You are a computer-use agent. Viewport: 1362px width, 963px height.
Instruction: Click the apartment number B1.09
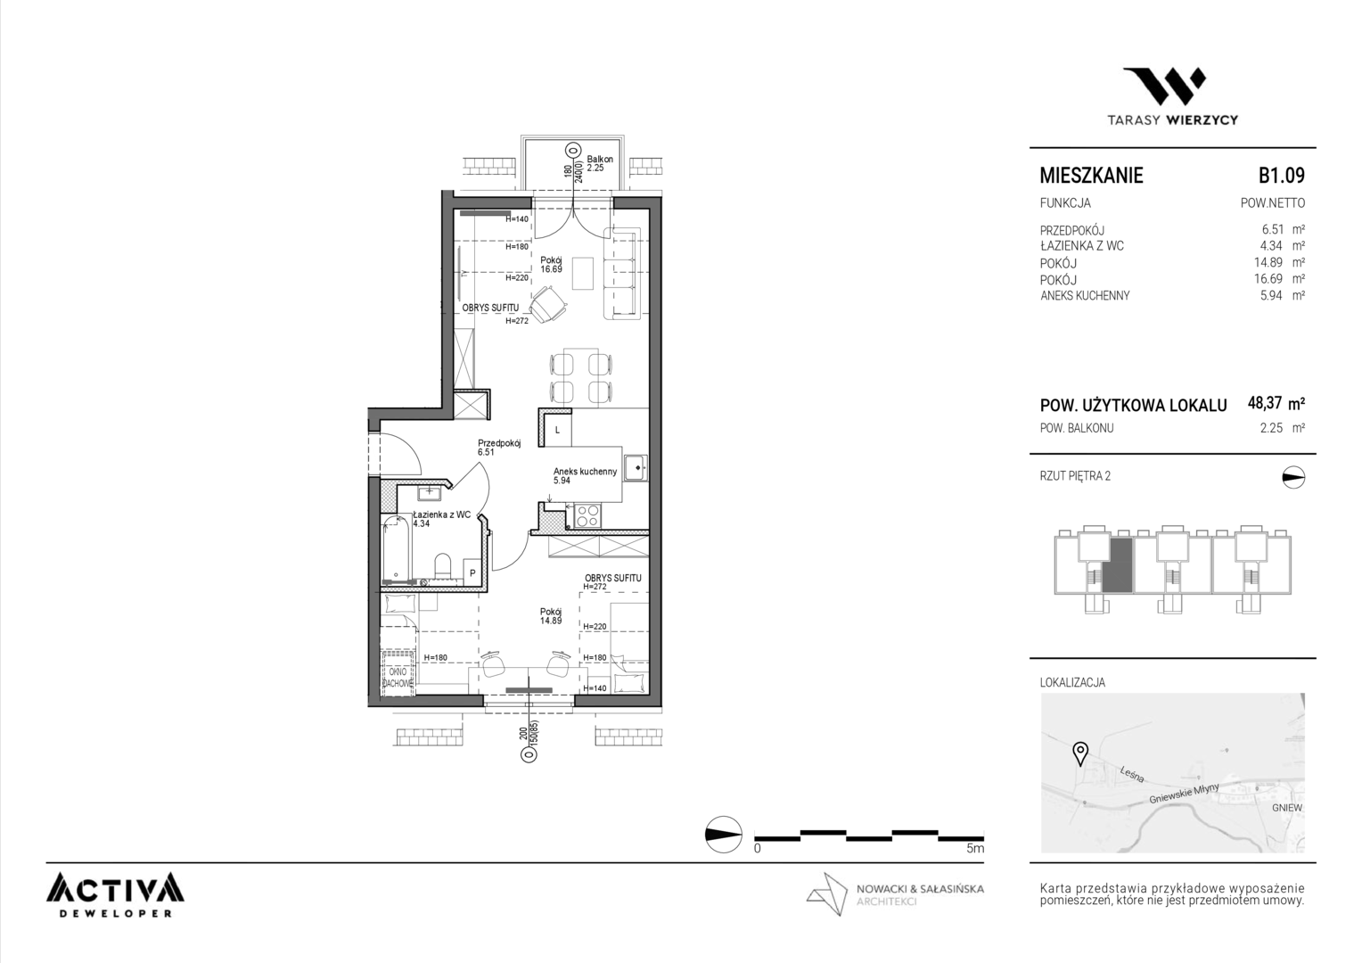tap(1281, 175)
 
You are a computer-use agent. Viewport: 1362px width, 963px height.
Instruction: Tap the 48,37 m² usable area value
tap(1276, 403)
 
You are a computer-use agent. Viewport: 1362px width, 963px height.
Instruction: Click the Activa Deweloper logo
tap(115, 895)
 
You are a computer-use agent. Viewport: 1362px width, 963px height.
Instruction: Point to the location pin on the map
tap(1079, 753)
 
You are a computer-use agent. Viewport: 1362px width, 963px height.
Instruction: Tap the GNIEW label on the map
tap(1287, 808)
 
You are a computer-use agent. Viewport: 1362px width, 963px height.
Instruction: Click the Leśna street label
tap(1132, 775)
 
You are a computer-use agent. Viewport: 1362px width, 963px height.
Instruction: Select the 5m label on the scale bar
tap(975, 848)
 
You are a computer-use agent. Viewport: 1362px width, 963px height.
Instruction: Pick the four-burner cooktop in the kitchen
tap(588, 516)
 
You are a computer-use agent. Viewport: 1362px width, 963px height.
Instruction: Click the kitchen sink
tap(636, 468)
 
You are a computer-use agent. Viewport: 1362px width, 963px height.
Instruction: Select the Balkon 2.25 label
tap(600, 163)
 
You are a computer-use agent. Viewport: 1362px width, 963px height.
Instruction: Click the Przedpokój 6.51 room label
tap(499, 448)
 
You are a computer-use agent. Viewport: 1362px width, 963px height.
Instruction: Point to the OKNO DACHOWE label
tap(398, 678)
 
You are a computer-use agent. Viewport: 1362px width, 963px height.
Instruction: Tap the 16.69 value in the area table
tap(1269, 278)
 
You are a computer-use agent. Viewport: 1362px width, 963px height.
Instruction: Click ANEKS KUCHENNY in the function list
tap(1085, 296)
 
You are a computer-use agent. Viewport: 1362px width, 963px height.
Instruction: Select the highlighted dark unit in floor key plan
tap(1118, 565)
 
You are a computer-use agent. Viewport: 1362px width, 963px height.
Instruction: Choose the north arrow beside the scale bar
tap(724, 834)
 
